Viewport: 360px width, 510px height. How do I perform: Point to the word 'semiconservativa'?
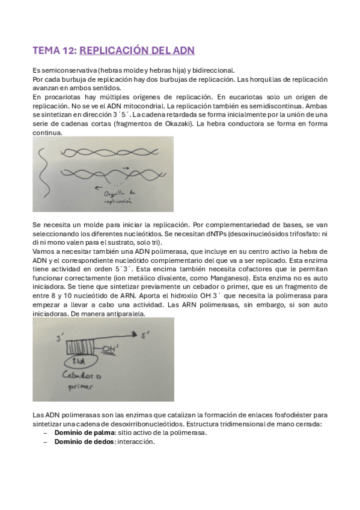click(63, 70)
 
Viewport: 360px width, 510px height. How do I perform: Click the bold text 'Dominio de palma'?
click(79, 433)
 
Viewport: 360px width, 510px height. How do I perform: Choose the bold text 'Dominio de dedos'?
click(79, 441)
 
